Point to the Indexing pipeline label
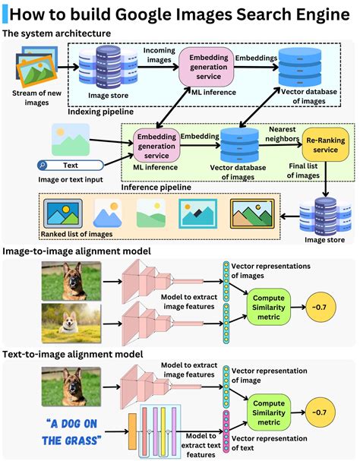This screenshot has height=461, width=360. coord(100,111)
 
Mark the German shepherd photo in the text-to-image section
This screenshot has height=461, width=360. coord(72,384)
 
